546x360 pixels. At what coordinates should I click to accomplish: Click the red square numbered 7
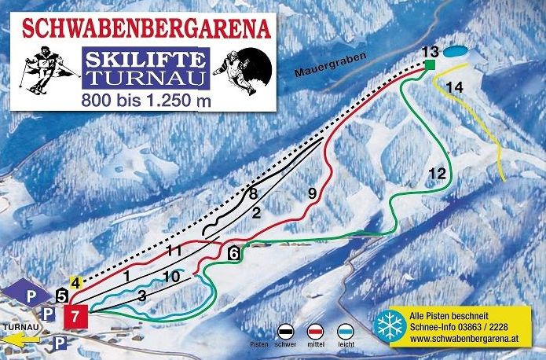(74, 317)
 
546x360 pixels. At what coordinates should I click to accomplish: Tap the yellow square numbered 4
(75, 283)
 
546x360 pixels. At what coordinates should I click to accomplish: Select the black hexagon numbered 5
(62, 296)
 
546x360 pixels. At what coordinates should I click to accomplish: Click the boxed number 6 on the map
(234, 253)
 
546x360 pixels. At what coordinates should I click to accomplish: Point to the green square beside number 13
(431, 64)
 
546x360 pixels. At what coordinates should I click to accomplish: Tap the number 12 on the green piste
(438, 173)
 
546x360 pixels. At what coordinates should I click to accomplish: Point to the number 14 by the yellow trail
(454, 87)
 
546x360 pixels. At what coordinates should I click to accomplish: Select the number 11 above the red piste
(175, 251)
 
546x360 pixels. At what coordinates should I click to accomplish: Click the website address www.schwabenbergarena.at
(463, 340)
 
